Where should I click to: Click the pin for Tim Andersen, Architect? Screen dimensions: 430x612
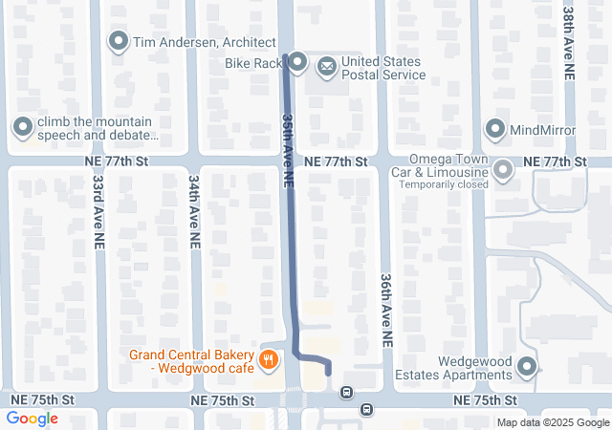click(119, 41)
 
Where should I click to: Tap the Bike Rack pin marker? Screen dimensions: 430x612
click(296, 63)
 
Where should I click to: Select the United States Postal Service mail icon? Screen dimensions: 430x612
click(328, 65)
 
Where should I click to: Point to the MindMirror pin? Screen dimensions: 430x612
click(495, 128)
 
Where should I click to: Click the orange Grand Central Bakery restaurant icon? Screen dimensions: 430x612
click(270, 360)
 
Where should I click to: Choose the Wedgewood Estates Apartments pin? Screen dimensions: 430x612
click(526, 366)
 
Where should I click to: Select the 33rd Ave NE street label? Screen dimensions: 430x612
click(98, 212)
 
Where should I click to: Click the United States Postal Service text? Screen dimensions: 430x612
click(382, 68)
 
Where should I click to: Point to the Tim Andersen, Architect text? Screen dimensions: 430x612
click(198, 41)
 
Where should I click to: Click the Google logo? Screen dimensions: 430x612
click(32, 419)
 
